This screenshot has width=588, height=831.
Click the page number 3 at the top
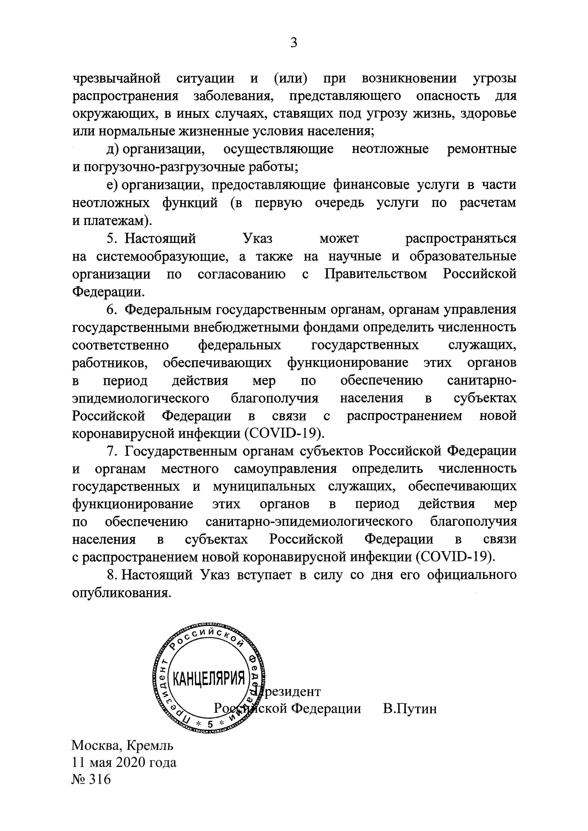[294, 43]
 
